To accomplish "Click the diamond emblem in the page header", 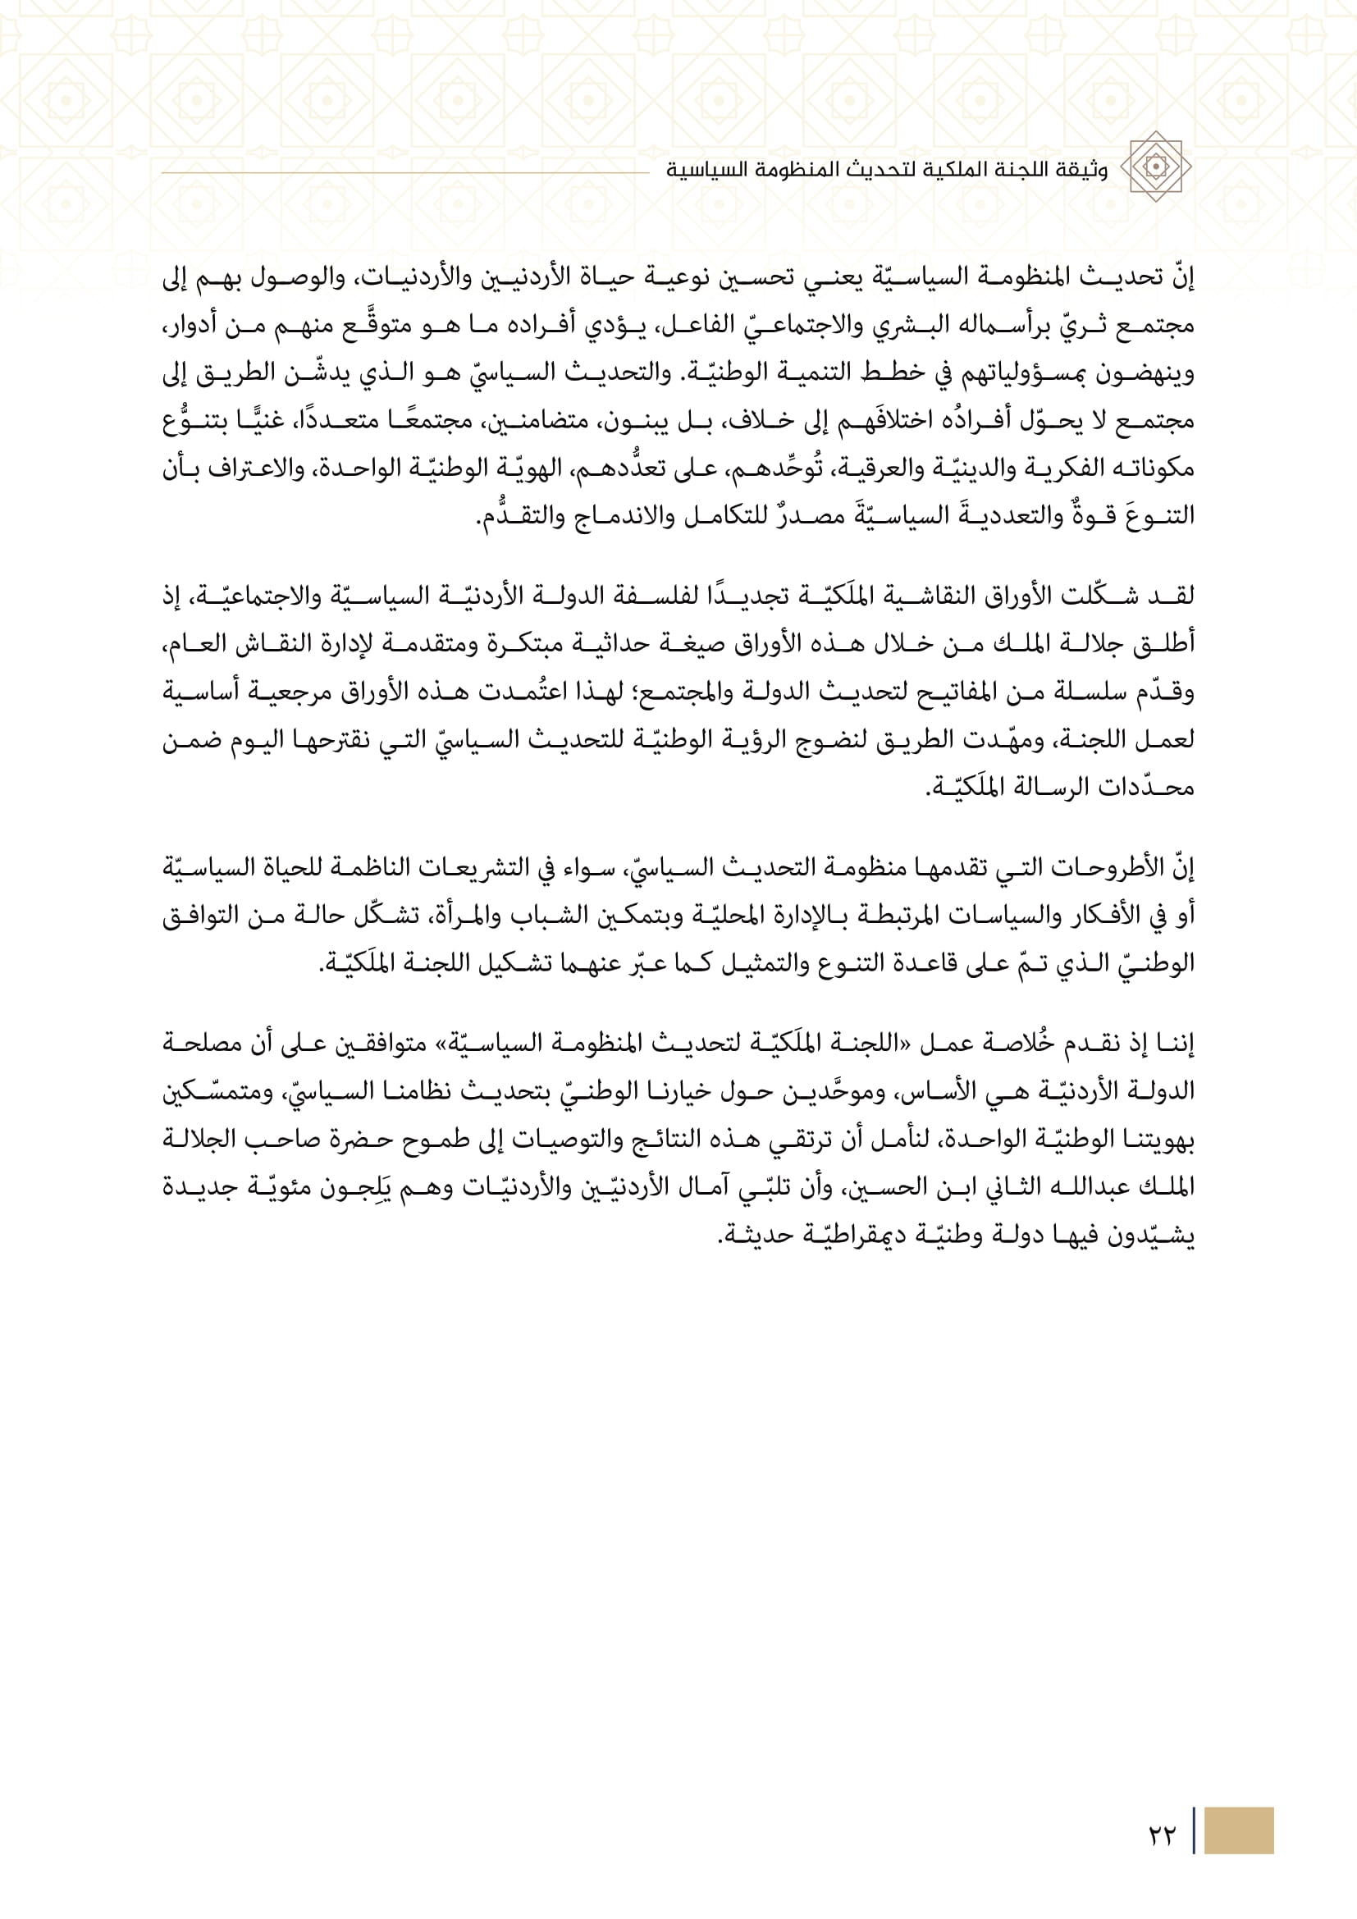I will click(x=1155, y=167).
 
